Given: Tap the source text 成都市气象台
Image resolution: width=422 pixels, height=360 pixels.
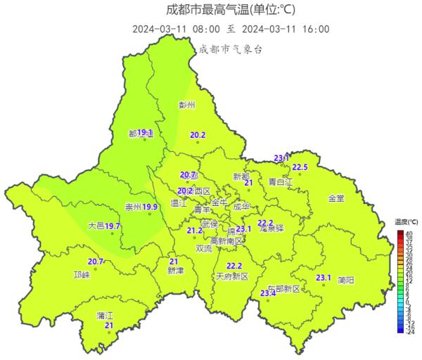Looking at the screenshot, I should point(231,49).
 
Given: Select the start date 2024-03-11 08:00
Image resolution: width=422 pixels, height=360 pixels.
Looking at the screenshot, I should point(175,29).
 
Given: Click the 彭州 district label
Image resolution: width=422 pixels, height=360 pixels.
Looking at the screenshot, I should point(186,105).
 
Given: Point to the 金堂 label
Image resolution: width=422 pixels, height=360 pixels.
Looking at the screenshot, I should point(336,199).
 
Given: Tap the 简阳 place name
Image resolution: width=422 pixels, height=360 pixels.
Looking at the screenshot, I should point(345,280).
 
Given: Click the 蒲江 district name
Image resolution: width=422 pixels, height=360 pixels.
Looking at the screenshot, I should point(105,316).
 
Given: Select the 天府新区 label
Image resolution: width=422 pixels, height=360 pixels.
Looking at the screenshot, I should point(232,276).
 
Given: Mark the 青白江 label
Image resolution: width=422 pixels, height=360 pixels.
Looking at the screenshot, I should point(281,182).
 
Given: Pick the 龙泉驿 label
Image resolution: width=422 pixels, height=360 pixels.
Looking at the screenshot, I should point(271,229).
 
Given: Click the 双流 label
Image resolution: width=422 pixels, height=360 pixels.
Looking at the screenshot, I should point(204,248).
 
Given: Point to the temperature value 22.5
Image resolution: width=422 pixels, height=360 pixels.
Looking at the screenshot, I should point(300,167).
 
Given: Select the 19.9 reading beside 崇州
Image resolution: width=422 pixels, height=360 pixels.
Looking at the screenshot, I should point(151,207).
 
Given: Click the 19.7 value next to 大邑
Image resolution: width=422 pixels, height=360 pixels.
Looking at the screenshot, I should point(113,226).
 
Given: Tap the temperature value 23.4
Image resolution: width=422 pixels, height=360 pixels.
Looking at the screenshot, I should point(267,293).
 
